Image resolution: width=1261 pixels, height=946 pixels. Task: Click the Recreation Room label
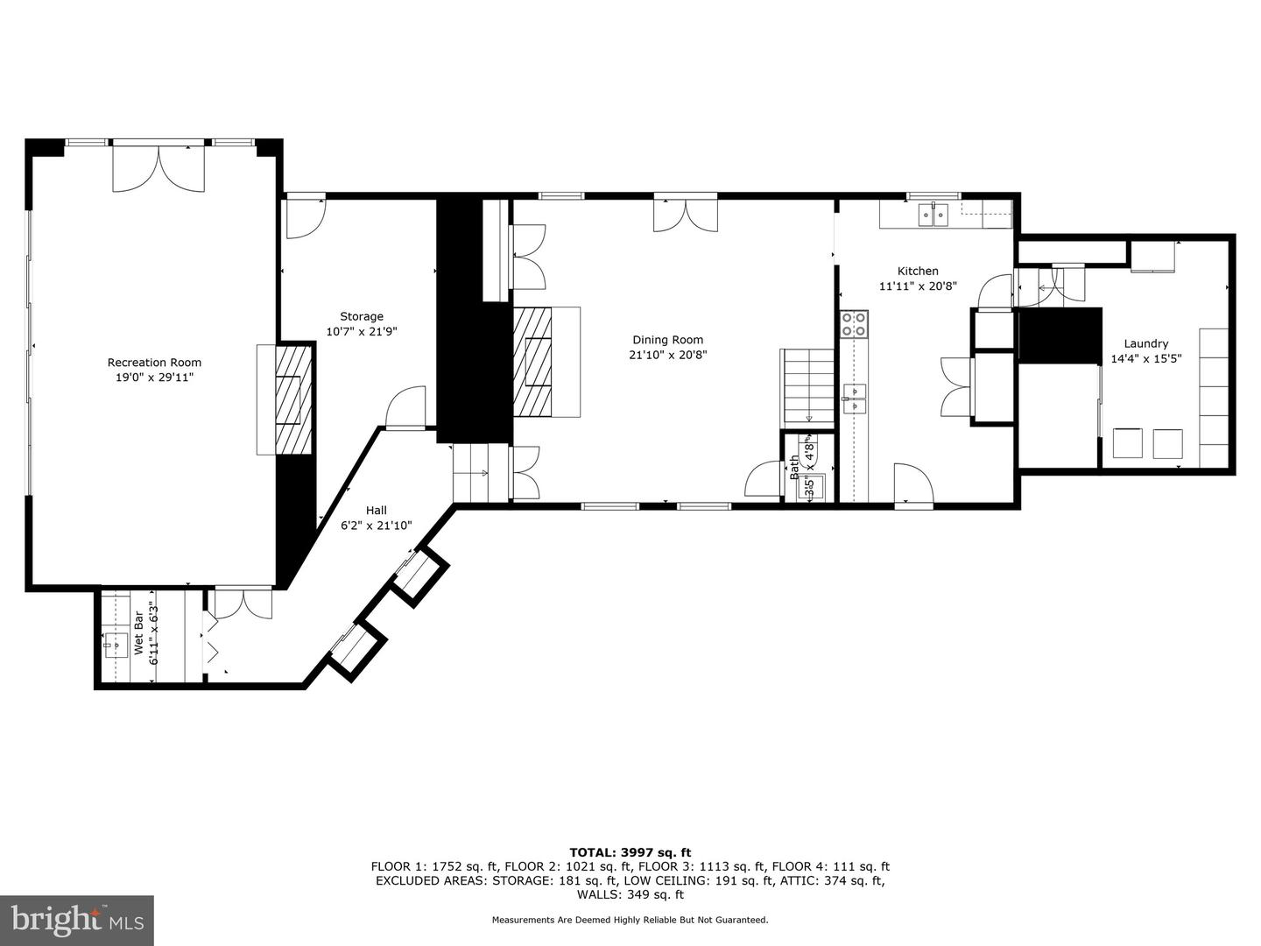(154, 363)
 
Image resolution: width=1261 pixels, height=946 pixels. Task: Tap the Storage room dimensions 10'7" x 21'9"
(362, 332)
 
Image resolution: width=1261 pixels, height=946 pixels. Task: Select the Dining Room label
(667, 340)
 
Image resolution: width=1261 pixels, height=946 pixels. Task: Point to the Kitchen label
(917, 272)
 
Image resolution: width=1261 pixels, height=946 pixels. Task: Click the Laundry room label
(1145, 344)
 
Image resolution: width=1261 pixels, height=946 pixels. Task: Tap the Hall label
(376, 511)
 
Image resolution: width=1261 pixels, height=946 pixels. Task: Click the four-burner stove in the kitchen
(854, 324)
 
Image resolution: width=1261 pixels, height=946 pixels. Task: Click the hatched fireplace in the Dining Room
(533, 362)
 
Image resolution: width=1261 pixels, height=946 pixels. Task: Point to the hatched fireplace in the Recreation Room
(293, 399)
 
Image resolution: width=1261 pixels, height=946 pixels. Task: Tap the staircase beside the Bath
(807, 387)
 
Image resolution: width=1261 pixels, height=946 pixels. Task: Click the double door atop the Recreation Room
(159, 168)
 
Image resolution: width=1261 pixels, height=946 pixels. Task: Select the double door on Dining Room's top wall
(685, 215)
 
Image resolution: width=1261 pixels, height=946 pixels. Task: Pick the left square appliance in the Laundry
(1127, 443)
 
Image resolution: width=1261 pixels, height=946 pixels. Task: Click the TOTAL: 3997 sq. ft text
(630, 852)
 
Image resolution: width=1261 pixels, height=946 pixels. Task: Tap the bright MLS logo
(77, 920)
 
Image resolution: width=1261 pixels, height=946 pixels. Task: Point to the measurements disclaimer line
(630, 920)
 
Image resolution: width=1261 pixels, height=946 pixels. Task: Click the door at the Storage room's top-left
(305, 218)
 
